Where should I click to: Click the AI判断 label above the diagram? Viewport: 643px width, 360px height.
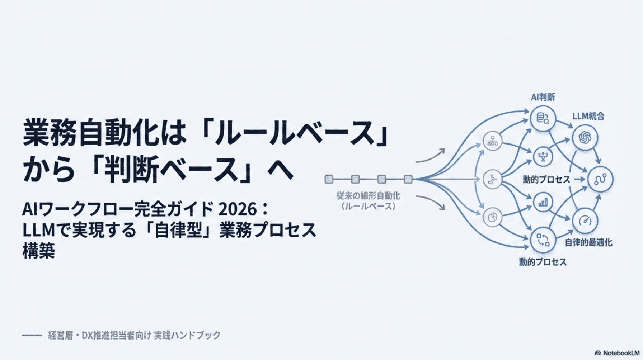(x=543, y=97)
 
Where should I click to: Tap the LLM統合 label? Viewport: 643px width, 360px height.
(x=588, y=116)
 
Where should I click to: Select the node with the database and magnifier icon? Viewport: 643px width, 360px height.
(x=543, y=119)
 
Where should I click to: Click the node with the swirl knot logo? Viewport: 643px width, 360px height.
(x=585, y=138)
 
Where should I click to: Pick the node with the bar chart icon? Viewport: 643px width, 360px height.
(x=543, y=203)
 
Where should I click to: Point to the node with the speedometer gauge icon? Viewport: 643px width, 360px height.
(x=585, y=221)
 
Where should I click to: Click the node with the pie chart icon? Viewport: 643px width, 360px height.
(x=492, y=217)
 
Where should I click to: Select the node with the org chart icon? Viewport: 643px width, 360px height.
(x=492, y=141)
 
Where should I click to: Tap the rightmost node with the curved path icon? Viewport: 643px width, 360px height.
(x=600, y=179)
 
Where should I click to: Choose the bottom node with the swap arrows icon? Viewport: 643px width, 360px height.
(x=543, y=240)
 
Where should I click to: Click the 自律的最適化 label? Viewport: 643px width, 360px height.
(x=588, y=243)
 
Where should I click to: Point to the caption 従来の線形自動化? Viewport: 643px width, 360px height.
(x=368, y=196)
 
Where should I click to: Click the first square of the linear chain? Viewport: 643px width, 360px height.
(x=329, y=179)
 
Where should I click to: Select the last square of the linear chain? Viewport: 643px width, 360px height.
(x=408, y=179)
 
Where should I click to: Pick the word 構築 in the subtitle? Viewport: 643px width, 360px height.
(x=39, y=251)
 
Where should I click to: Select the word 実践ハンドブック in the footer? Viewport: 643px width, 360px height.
(x=187, y=335)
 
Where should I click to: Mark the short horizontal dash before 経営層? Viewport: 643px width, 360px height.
(x=32, y=335)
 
